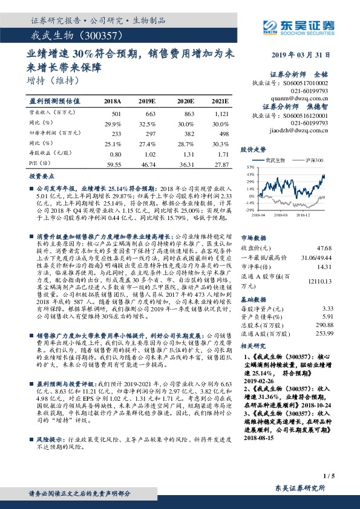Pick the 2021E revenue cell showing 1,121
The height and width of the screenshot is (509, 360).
pos(221,114)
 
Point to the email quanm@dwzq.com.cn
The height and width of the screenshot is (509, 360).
pos(307,96)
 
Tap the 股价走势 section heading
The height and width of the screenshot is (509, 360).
pos(254,149)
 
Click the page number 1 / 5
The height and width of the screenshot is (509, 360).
pos(329,460)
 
